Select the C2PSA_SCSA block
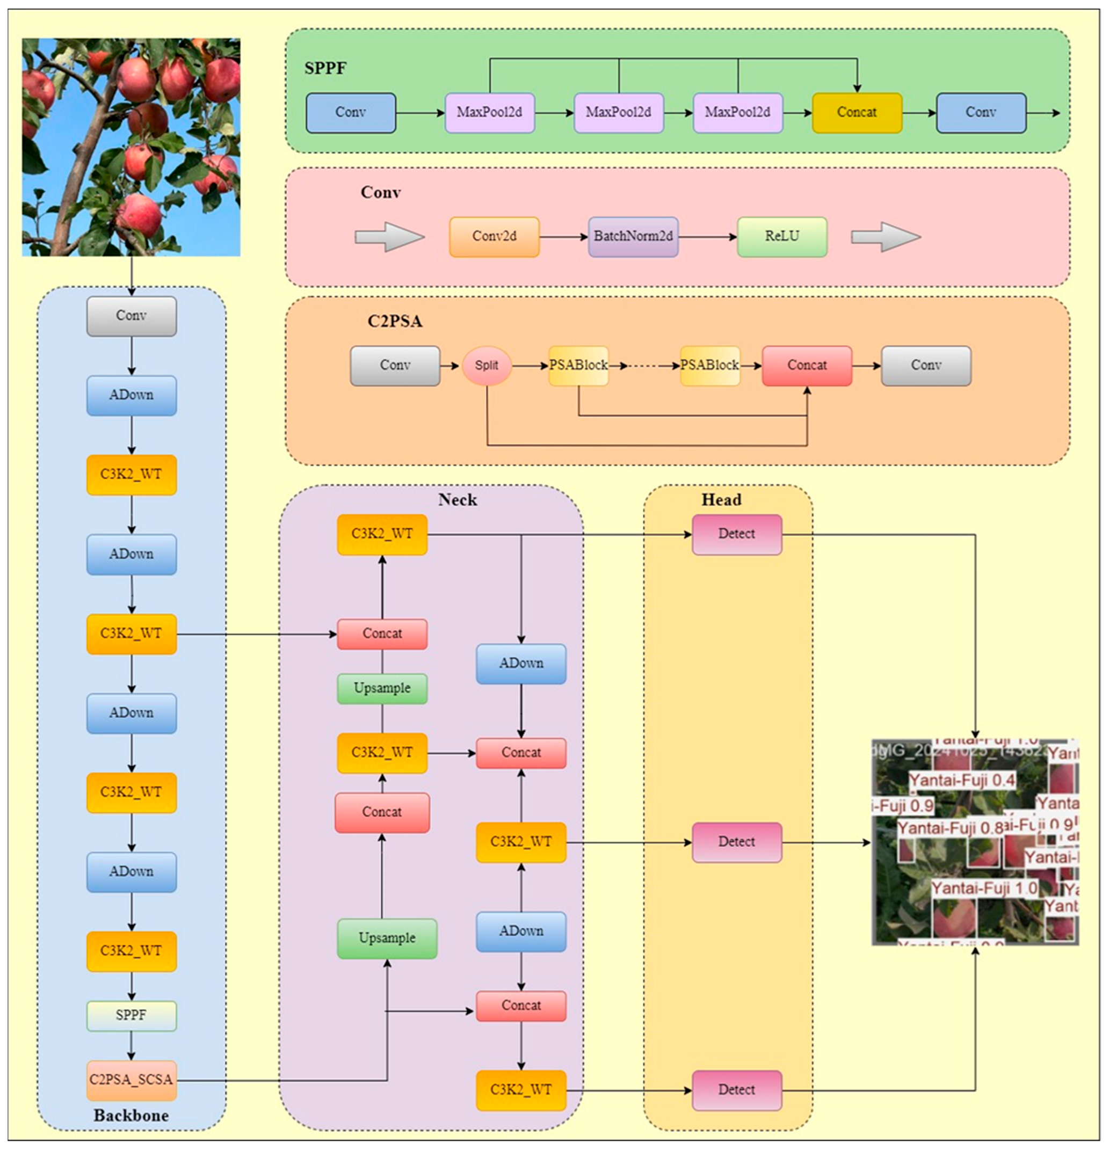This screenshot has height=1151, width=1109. point(131,1080)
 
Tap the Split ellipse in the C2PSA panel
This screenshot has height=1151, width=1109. point(487,366)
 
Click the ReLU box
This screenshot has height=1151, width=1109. point(782,237)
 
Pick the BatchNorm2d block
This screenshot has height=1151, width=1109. point(633,237)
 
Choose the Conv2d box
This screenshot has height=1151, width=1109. point(494,237)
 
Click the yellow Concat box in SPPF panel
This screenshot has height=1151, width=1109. point(857,113)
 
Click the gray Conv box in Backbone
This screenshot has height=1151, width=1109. point(131,316)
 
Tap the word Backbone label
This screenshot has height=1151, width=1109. point(131,1115)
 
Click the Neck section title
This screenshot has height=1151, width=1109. point(457,500)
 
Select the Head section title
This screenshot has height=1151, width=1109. point(721,500)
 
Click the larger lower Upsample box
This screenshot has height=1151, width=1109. point(387,938)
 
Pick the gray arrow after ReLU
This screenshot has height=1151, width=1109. point(885,237)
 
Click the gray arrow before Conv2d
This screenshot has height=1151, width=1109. point(389,237)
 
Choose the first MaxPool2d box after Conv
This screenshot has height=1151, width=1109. point(489,113)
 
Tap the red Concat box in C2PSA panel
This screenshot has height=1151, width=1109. point(807,366)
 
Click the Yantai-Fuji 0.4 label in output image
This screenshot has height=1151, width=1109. point(961,780)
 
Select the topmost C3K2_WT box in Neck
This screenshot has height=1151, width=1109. point(382,534)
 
